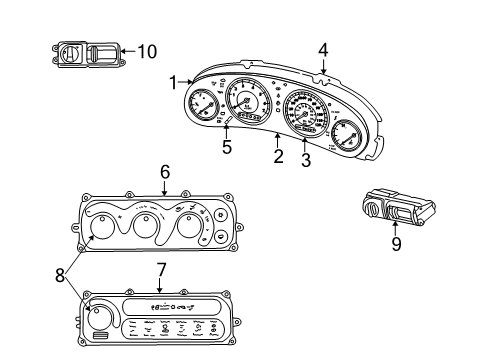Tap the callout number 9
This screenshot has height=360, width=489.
point(396,243)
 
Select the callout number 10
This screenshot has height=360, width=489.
point(146,50)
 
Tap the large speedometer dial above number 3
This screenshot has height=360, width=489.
point(300,113)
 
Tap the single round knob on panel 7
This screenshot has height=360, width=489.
point(100,318)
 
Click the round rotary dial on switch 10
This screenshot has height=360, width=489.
point(74,51)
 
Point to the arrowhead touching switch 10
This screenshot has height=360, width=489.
point(123,50)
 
